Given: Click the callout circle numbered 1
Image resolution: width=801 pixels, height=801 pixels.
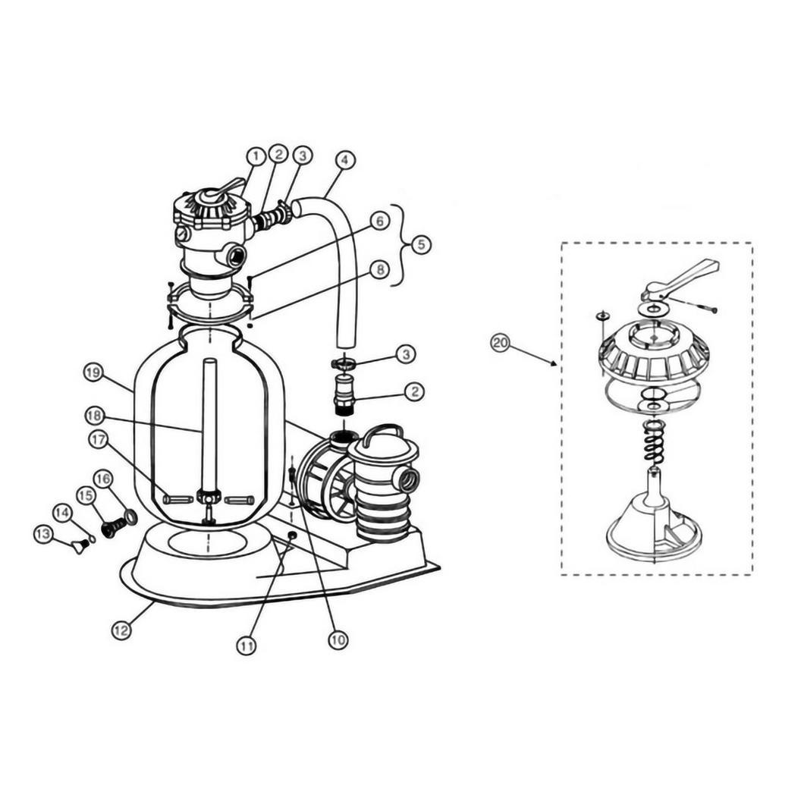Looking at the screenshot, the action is [x=256, y=156].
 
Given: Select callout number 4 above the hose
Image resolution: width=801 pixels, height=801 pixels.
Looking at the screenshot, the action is [x=345, y=160].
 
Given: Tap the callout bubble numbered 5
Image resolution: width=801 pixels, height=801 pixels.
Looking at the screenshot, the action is [x=422, y=245].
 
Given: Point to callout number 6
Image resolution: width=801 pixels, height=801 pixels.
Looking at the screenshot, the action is [x=379, y=221].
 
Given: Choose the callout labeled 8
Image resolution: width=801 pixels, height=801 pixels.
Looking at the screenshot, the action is [x=379, y=269].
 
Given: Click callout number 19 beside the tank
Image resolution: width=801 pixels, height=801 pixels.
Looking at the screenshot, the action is [x=93, y=373].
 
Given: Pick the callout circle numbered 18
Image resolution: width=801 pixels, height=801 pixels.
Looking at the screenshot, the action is [x=95, y=416].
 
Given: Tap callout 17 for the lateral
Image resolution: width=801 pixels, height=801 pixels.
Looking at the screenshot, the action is [x=99, y=439].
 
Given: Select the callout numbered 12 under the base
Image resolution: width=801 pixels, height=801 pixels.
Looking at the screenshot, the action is [x=121, y=630].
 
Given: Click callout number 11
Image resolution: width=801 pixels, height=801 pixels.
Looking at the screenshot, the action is [x=247, y=646].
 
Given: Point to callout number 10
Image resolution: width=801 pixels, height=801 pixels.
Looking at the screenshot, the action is [x=338, y=639].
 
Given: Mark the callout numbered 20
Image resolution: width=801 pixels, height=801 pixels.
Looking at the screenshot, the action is [x=500, y=343].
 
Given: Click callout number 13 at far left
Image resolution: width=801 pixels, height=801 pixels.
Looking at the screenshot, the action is [x=43, y=534].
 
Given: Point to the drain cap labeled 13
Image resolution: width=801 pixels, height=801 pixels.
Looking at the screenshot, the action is [x=79, y=547].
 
